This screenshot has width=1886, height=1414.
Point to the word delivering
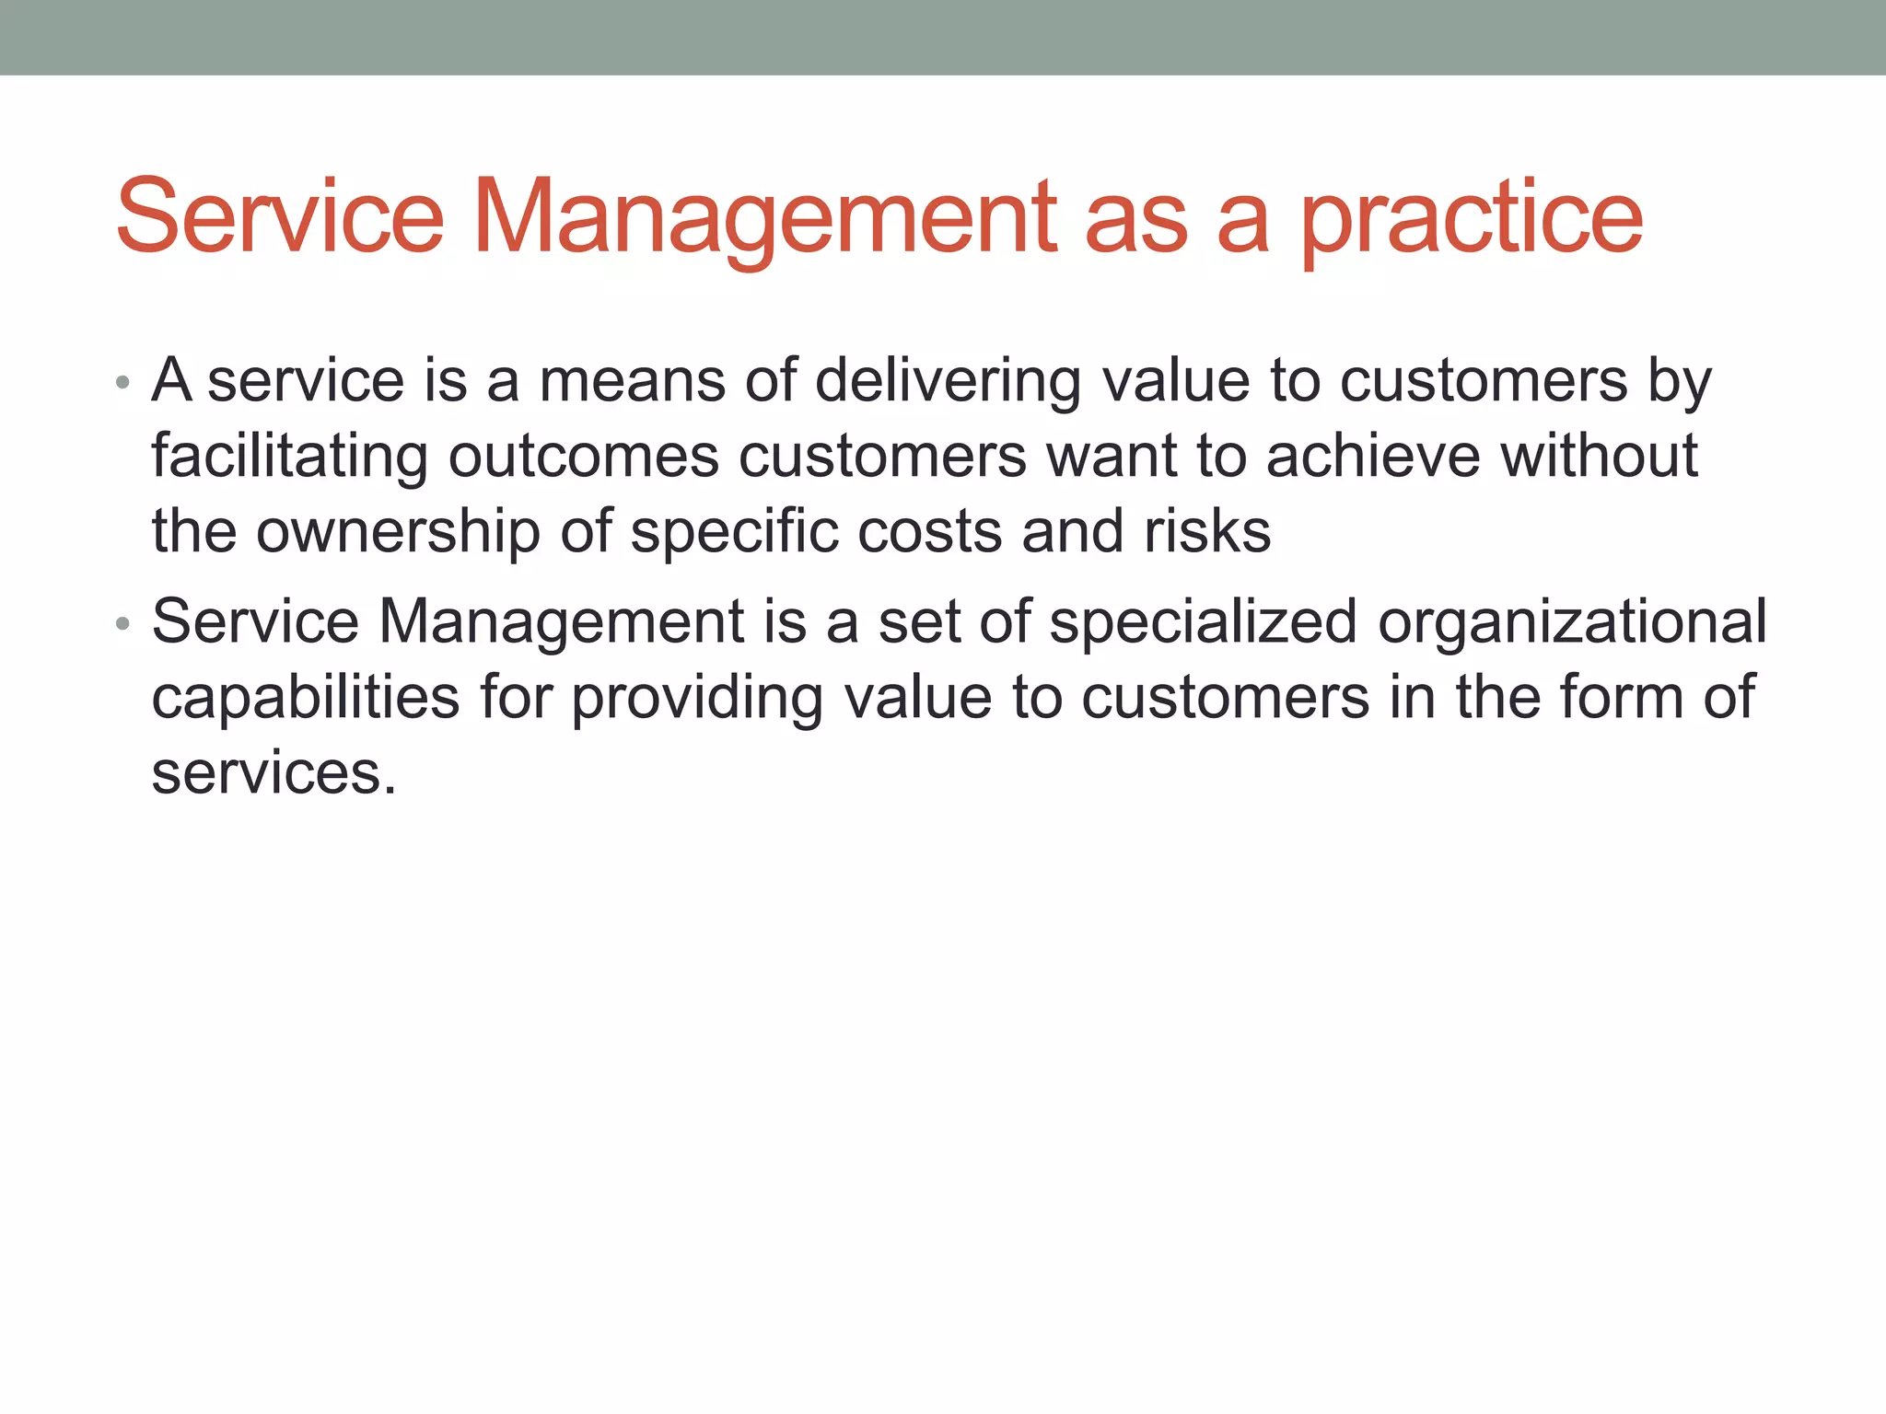[x=948, y=381]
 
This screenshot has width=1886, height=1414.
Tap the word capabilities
[x=305, y=698]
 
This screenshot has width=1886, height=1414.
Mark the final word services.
[x=273, y=773]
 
